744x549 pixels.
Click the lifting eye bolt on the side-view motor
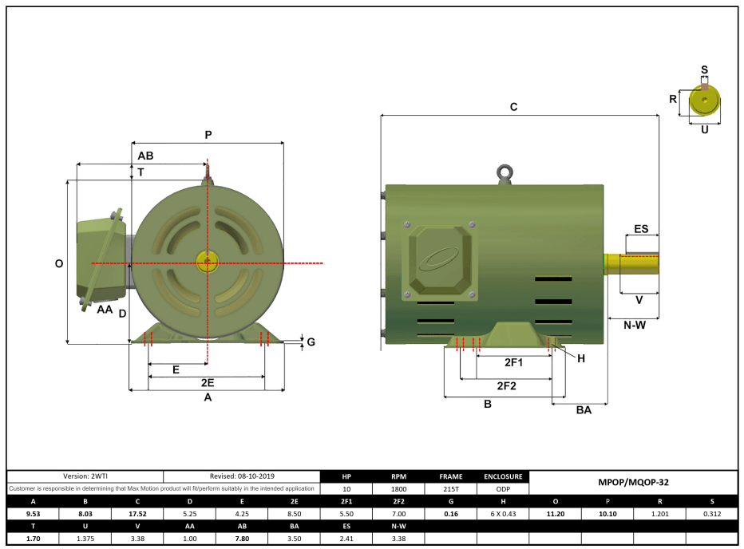[x=504, y=172]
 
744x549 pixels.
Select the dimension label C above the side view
[x=514, y=107]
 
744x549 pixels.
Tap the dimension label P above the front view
[x=208, y=135]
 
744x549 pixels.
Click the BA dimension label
[x=584, y=409]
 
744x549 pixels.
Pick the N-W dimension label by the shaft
[x=634, y=325]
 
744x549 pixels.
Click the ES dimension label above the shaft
[x=641, y=229]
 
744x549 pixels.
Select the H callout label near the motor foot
[x=581, y=358]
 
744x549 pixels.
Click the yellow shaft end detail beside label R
[x=704, y=101]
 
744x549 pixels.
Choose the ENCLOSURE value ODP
[x=503, y=488]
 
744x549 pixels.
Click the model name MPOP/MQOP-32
[x=633, y=483]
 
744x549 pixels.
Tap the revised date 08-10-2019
[x=241, y=476]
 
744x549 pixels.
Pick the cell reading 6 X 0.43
[x=503, y=514]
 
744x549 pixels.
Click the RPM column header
[x=398, y=476]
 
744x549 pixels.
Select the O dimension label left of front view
[x=58, y=263]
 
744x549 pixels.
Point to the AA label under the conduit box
[x=105, y=309]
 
